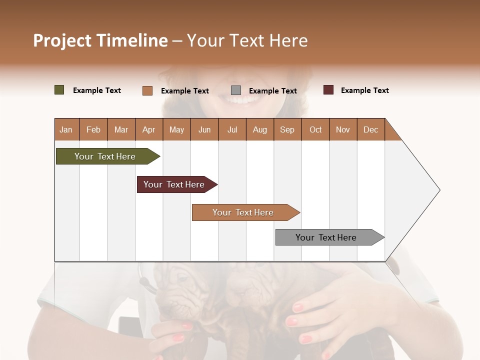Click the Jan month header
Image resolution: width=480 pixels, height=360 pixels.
coord(66,129)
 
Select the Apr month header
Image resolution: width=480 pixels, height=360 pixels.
coord(148,129)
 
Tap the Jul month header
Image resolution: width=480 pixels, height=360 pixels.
coord(232,129)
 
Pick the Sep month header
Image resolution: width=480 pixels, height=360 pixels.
coord(287,129)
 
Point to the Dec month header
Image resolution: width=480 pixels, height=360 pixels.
coord(370,129)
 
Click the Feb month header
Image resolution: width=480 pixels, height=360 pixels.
coord(93,129)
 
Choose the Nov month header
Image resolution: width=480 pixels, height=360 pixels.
coord(342,129)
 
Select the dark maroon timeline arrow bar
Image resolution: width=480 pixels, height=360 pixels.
coord(175,184)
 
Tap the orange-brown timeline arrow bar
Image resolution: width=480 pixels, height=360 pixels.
coord(243,212)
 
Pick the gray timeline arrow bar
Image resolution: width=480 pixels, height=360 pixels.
coord(327,237)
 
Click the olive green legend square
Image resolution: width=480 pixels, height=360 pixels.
coord(59,90)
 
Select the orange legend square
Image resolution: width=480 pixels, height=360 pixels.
coord(147,90)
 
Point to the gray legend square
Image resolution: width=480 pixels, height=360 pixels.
coord(236,90)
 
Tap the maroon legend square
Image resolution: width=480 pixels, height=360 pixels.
coord(328,90)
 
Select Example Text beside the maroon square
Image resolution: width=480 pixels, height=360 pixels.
coord(364,90)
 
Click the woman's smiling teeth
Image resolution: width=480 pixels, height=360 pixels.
coord(241,100)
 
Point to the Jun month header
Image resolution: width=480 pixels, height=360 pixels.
coord(204,129)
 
